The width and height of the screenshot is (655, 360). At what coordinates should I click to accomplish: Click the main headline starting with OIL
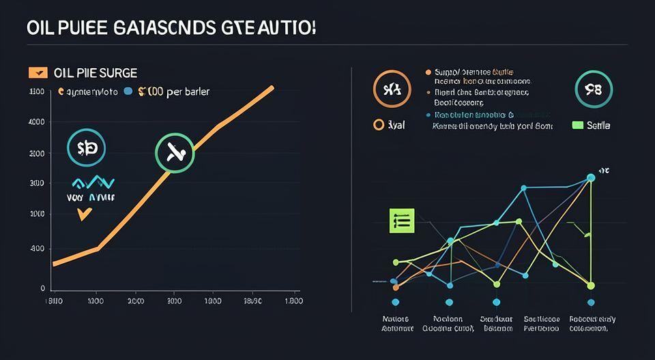tap(171, 30)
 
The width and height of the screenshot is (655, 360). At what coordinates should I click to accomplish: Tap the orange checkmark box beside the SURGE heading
tap(37, 72)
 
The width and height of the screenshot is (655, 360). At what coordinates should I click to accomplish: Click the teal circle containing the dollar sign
tap(87, 148)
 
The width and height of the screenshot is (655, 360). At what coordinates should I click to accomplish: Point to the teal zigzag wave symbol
tap(93, 182)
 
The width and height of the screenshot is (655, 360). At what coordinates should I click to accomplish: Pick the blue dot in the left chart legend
tap(128, 91)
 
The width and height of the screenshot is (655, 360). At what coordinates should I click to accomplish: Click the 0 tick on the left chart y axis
tap(42, 288)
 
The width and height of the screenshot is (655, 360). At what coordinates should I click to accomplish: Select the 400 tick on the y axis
tap(37, 249)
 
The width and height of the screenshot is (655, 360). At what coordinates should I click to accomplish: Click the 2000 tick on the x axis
tap(136, 301)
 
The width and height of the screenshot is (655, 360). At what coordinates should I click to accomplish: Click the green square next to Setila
tap(577, 125)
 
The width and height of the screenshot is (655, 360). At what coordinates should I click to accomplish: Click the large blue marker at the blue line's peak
tap(591, 178)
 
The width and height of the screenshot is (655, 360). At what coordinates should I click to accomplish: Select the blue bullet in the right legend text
tap(428, 115)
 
